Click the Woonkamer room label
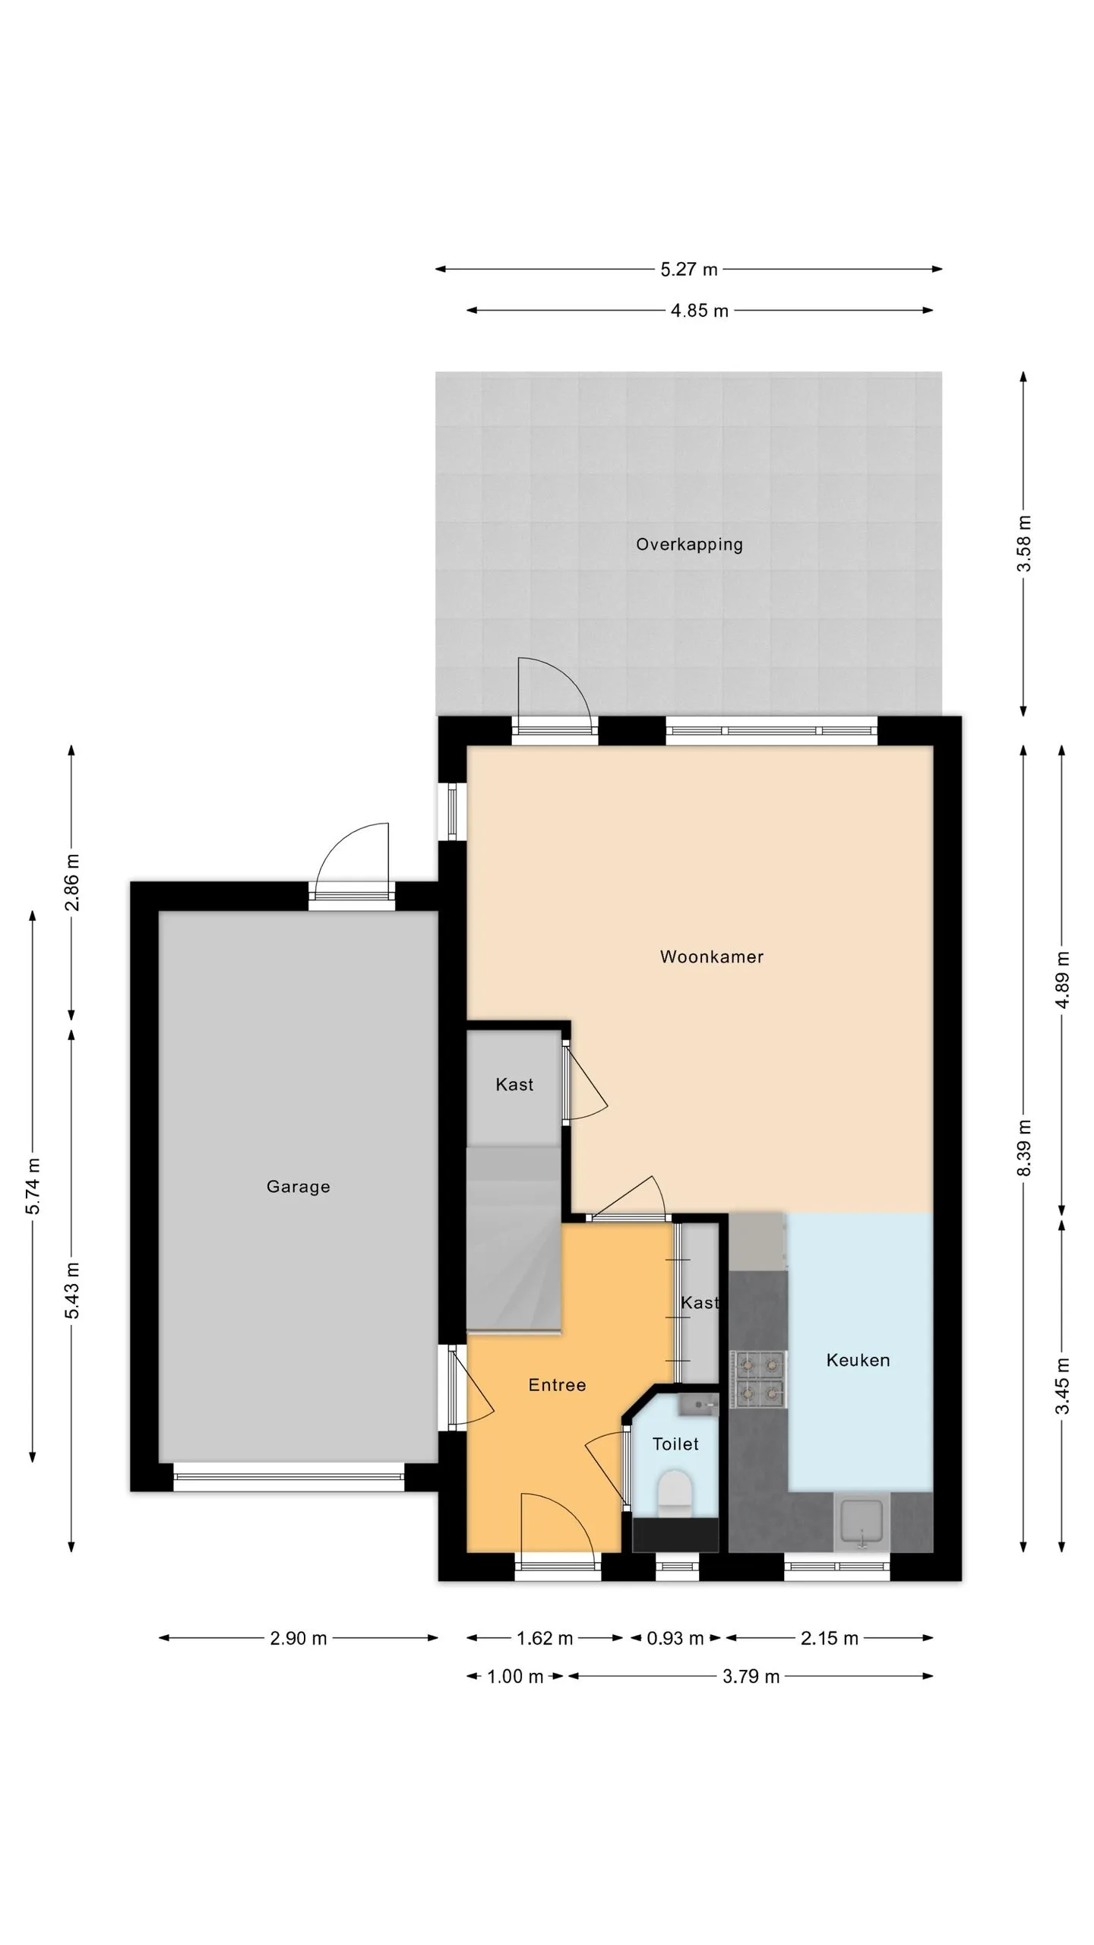711,957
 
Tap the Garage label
298,1187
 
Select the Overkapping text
689,545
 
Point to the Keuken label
858,1360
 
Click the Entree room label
557,1385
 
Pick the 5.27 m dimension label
688,270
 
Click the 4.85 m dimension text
699,311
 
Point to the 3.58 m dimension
1024,543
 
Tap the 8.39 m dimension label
1024,1148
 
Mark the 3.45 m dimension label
1062,1386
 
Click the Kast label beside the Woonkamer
514,1085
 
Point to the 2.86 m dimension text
71,882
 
